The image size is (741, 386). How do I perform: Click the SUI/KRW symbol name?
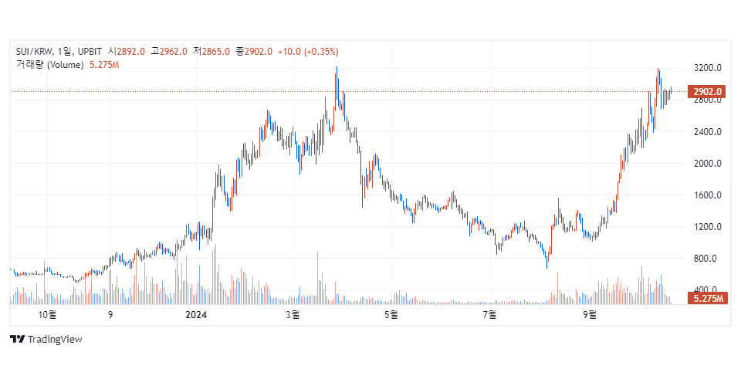(x=35, y=52)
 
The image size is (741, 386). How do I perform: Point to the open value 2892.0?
(x=130, y=52)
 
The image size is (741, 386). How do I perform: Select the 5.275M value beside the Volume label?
(x=104, y=65)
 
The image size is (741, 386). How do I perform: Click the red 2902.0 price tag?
(x=707, y=92)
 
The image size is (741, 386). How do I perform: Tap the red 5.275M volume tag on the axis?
(x=708, y=298)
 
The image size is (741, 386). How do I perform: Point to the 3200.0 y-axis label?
(x=708, y=69)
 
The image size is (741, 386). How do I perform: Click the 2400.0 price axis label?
(x=708, y=132)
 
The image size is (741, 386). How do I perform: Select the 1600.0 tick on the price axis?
(x=708, y=195)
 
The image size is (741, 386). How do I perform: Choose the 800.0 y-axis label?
(x=708, y=259)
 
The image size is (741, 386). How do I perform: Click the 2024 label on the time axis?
(x=197, y=315)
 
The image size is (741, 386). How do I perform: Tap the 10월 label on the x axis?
(x=48, y=315)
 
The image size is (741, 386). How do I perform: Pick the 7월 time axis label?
(x=489, y=315)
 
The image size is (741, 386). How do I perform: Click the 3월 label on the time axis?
(x=293, y=315)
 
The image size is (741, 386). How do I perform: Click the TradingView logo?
(x=46, y=339)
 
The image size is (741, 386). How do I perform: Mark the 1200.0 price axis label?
(x=708, y=227)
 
